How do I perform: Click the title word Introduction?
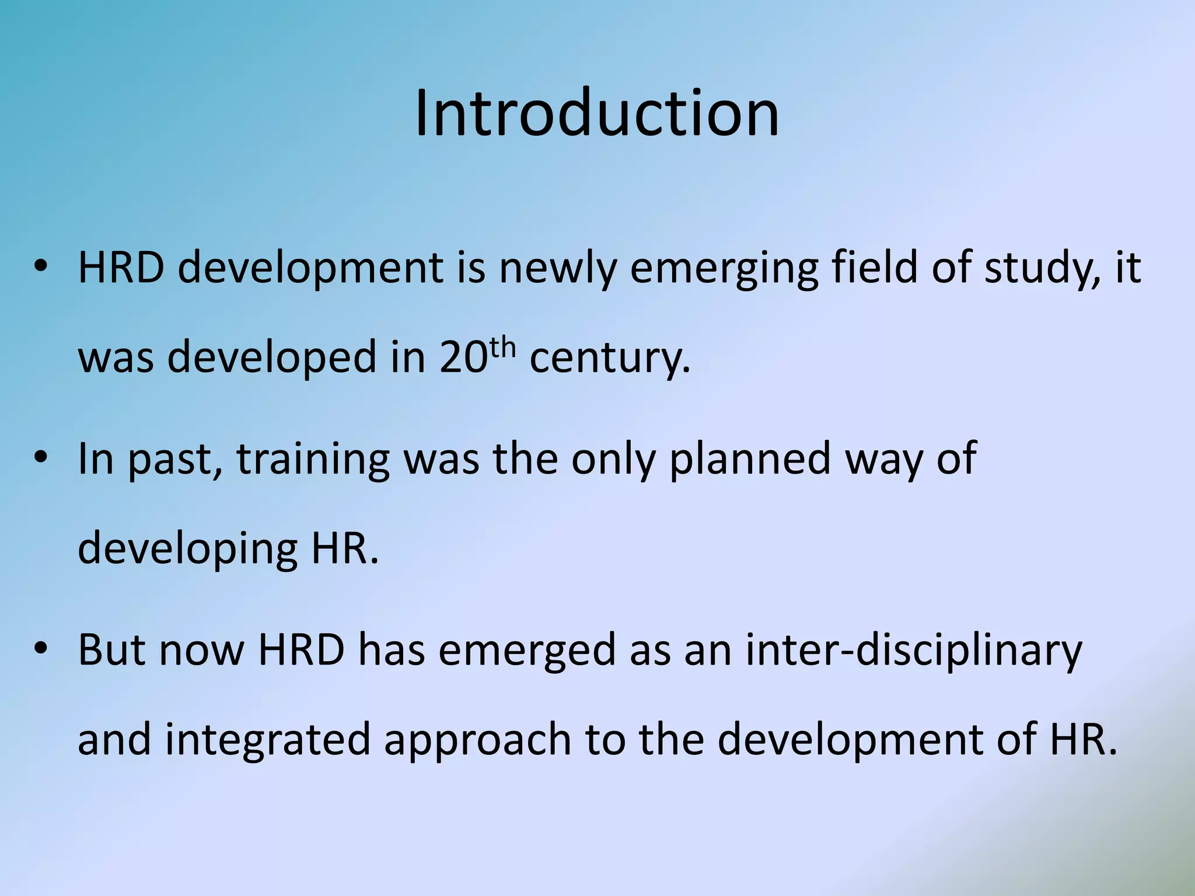pyautogui.click(x=597, y=113)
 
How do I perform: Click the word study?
pyautogui.click(x=1037, y=268)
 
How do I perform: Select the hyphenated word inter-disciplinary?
pyautogui.click(x=913, y=651)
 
